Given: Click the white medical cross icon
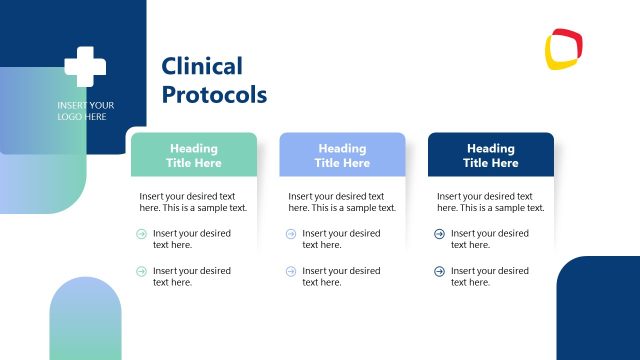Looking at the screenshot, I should tap(85, 66).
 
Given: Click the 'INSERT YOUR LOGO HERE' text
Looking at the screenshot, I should tap(85, 111).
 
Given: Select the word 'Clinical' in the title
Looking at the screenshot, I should tap(202, 67).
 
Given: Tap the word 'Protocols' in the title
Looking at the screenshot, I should tap(214, 95).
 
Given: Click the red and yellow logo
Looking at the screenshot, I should tap(564, 47).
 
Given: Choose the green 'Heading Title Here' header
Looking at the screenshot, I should tap(193, 155).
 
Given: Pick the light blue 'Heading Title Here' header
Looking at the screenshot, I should tap(342, 155).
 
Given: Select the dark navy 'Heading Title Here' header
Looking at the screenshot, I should tap(491, 155).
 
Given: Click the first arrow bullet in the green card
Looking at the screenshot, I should tap(141, 234).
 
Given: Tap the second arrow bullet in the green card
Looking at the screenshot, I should tap(141, 271).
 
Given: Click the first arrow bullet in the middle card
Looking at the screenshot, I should tap(291, 234).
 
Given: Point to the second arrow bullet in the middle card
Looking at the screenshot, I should tap(291, 271).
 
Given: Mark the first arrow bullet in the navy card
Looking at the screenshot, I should tap(440, 234).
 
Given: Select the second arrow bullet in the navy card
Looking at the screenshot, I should tap(440, 271).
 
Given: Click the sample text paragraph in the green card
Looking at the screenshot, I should tap(193, 202).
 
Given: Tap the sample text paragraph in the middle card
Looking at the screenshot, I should tap(342, 202).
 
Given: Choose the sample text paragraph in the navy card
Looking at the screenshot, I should tap(491, 202).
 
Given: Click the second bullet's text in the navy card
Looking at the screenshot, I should tap(490, 276).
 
